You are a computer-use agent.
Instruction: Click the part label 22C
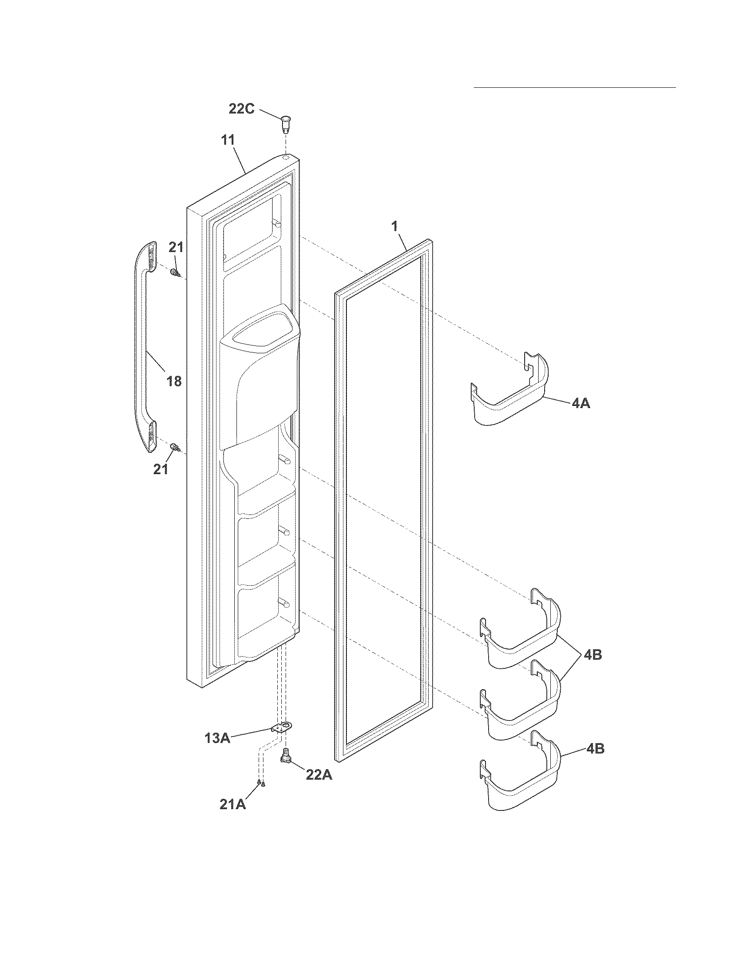(241, 108)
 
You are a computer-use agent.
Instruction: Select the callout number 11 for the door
(228, 140)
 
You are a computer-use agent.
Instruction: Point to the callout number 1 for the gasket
(394, 226)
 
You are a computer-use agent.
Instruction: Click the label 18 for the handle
(174, 381)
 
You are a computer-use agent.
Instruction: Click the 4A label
(580, 403)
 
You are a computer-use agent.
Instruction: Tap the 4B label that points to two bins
(592, 655)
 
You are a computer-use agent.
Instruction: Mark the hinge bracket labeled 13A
(282, 727)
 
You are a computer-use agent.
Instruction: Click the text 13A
(217, 738)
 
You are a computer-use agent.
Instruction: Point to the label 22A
(319, 775)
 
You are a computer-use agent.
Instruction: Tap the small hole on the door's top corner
(286, 156)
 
